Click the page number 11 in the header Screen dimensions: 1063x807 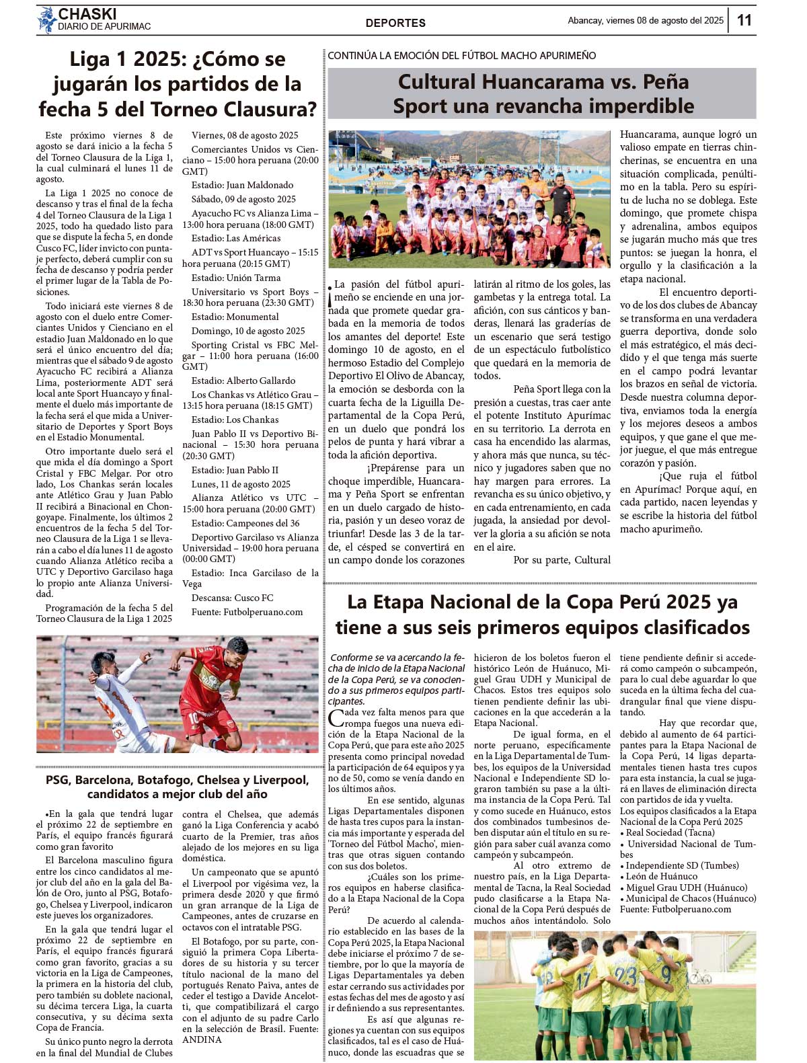(744, 20)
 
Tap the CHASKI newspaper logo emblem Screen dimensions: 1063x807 (46, 20)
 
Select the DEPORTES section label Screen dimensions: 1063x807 (395, 23)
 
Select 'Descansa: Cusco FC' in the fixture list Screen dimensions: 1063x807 (232, 598)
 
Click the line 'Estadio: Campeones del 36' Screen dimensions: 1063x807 (245, 523)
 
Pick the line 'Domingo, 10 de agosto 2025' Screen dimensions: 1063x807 (248, 331)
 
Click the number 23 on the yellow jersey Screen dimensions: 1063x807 (625, 975)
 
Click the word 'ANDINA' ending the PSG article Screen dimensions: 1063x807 (202, 1039)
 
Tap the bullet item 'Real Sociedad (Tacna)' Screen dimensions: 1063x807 (666, 832)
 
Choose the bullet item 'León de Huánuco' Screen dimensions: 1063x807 (662, 876)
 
